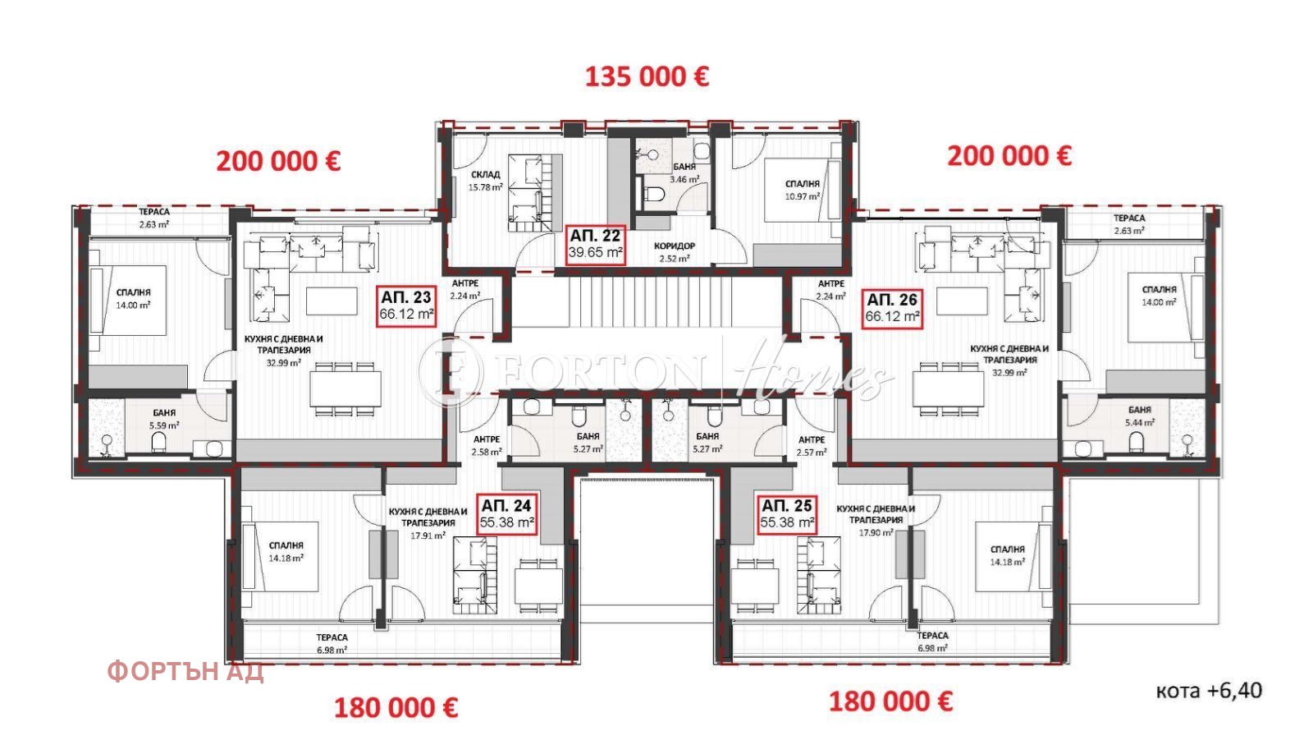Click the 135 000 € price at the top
pos(647,76)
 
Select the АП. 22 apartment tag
pos(595,244)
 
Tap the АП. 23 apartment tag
pos(406,306)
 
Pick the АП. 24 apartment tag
pos(507,514)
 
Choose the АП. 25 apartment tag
pos(787,514)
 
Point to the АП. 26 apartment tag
pos(892,307)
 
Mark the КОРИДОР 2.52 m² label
pos(675,252)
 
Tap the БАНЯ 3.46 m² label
pos(684,172)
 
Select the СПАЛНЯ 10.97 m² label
pos(802,191)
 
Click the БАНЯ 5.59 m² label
pos(164,419)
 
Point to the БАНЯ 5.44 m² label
pos(1139,416)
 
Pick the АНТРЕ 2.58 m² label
pos(486,445)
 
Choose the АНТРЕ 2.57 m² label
pos(812,445)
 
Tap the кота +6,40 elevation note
pos(1208,691)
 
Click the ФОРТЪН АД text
pos(185,672)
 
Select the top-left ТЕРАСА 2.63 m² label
pos(153,218)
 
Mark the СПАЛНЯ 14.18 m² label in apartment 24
pos(286,551)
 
